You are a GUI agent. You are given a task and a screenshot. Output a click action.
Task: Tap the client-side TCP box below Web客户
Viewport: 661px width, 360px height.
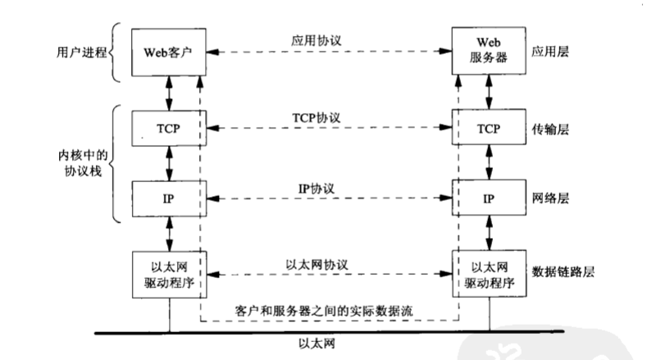pos(169,129)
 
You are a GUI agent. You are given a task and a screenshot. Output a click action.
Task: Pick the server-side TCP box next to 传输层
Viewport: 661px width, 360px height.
pos(490,129)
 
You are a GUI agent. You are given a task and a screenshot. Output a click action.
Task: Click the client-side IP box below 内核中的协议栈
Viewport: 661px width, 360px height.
pos(169,199)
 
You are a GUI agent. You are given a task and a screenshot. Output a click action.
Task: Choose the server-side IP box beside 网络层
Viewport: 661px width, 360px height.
pos(490,199)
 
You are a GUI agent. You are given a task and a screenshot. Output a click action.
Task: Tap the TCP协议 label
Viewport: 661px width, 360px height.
pos(326,118)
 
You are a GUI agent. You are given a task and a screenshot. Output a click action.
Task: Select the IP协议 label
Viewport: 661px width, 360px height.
pos(326,188)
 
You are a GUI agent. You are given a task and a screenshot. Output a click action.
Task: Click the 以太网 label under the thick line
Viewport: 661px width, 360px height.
pos(327,345)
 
